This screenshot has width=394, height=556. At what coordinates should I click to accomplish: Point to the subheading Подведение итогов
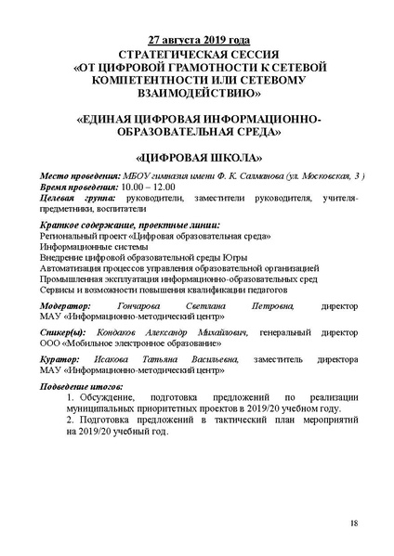tap(80, 386)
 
